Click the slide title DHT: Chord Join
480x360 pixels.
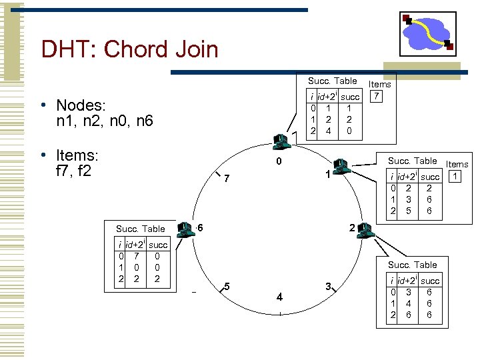point(129,49)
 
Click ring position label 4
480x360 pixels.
point(280,296)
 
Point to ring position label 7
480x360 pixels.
point(227,179)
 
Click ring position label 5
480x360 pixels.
point(227,286)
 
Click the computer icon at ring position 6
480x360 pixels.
point(184,229)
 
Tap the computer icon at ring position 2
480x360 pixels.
point(365,230)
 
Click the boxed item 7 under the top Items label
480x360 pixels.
point(377,97)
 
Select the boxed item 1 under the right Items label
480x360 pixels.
point(454,177)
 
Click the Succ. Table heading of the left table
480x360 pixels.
point(140,229)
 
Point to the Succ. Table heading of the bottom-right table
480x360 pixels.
point(412,265)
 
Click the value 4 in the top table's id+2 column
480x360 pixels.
point(327,131)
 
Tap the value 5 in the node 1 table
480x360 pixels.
point(408,211)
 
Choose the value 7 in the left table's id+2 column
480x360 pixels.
point(137,256)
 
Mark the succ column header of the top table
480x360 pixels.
point(350,97)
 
